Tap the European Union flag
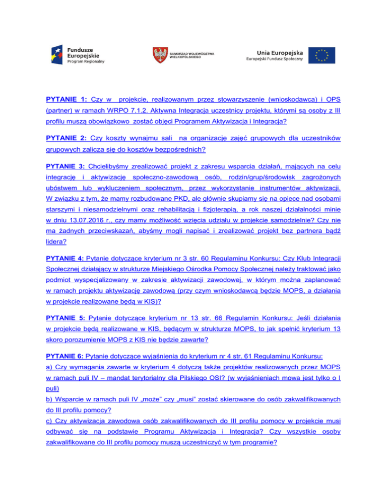coord(322,55)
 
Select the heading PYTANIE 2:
coord(64,138)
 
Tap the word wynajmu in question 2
coord(142,138)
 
